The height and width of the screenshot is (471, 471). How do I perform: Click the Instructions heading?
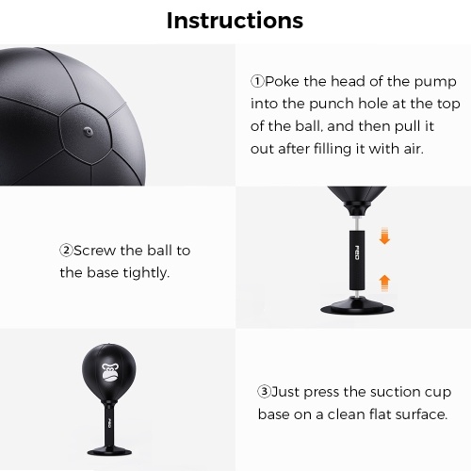(235, 21)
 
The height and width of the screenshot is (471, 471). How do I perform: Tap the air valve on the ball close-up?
(88, 131)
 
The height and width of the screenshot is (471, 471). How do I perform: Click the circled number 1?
(257, 82)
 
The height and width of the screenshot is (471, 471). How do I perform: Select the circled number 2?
(66, 251)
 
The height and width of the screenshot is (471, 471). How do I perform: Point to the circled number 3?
(264, 392)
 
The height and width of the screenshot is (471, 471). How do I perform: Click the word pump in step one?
(435, 83)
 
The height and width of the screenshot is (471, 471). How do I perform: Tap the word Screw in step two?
(94, 251)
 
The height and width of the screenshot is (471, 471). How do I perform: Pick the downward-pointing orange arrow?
(384, 236)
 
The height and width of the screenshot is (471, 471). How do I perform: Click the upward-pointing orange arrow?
(384, 284)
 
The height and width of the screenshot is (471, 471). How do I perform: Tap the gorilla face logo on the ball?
(109, 372)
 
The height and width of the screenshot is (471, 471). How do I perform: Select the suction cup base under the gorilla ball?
(109, 450)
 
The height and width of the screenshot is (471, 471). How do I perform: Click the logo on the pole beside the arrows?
(357, 252)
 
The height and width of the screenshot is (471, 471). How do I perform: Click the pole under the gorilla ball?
(109, 425)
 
